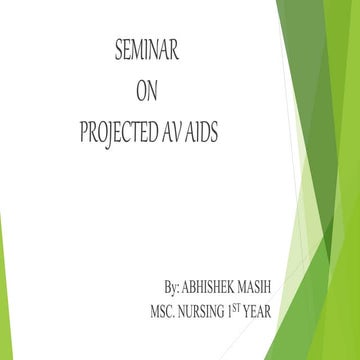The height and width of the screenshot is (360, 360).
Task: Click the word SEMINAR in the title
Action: click(147, 51)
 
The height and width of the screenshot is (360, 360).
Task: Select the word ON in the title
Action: click(146, 92)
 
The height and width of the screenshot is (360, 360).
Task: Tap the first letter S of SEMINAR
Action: click(119, 51)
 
